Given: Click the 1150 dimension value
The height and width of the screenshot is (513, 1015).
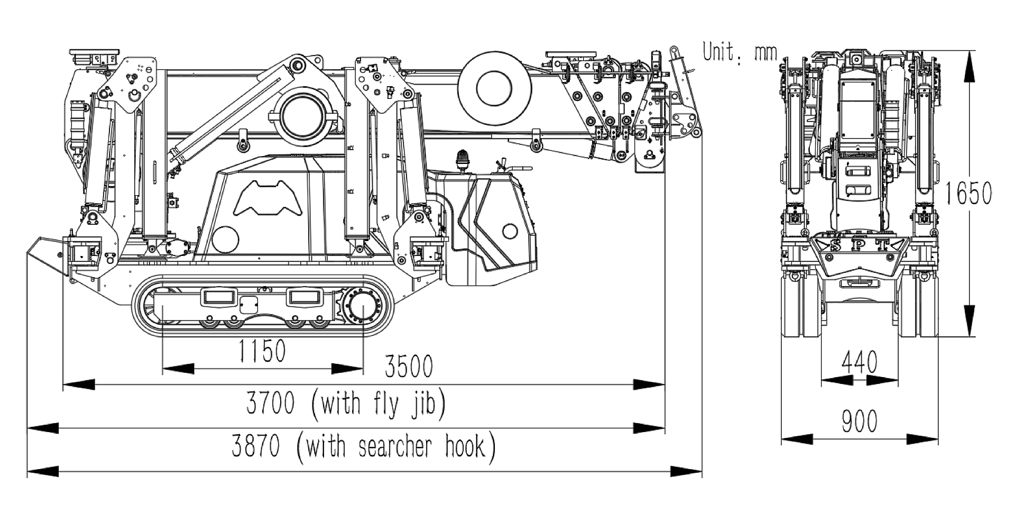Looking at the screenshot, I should [262, 351].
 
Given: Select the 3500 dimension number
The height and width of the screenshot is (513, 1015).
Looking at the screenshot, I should [409, 366].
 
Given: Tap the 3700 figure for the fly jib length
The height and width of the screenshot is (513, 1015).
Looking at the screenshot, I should [270, 404].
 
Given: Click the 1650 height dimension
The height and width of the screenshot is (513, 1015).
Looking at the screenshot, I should [968, 194].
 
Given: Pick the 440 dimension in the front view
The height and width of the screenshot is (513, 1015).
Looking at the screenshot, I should [859, 363].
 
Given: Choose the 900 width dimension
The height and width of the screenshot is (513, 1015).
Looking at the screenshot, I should [859, 422].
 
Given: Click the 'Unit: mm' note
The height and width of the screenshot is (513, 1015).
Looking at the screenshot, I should [740, 52].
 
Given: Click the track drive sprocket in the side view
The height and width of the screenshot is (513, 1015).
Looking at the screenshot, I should [362, 307].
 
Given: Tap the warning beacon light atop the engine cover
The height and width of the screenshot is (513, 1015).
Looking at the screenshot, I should [463, 159].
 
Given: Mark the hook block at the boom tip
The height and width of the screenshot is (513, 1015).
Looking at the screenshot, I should [687, 123].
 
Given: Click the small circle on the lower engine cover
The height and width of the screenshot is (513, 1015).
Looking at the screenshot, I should [510, 231].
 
